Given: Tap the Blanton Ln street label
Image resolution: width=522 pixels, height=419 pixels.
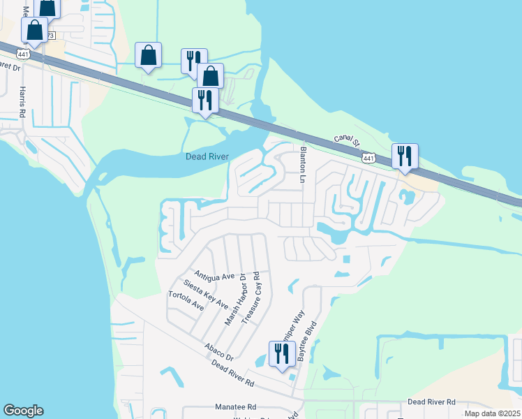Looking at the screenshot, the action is (x=304, y=165).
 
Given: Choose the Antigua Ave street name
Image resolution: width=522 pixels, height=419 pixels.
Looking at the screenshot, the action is (x=215, y=277).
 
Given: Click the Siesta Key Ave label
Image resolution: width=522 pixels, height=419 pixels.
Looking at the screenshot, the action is (x=206, y=295).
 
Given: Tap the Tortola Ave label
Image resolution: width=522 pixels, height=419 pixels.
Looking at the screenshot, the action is (x=186, y=301).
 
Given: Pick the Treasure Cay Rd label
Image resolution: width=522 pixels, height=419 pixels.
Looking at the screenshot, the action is (x=251, y=297).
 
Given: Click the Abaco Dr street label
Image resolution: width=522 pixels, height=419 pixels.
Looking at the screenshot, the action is (x=218, y=351).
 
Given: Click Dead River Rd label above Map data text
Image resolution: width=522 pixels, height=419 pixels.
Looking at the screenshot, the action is (x=431, y=402).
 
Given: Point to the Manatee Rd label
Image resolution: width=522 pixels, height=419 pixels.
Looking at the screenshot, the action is (x=237, y=406).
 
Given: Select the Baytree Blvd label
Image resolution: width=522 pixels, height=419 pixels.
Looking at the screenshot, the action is (x=308, y=341).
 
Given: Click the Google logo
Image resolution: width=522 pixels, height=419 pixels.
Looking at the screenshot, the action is (x=23, y=411).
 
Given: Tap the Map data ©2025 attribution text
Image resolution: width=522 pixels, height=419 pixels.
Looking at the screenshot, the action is (x=492, y=413).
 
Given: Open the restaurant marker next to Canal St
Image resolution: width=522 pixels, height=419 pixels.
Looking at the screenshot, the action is (x=405, y=156).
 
